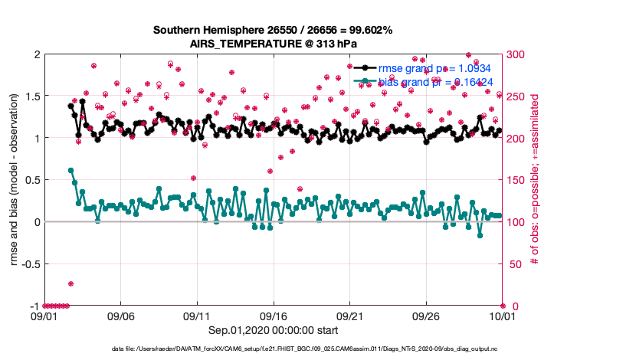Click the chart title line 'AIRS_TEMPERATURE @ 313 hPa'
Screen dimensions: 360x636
click(273, 44)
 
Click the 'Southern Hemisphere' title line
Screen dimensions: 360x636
click(273, 31)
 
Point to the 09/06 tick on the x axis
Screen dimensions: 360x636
click(121, 316)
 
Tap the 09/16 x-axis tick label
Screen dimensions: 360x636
click(274, 316)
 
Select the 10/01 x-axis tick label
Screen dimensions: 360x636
click(502, 316)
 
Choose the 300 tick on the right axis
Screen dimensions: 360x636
click(516, 54)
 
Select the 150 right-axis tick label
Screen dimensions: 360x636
click(516, 180)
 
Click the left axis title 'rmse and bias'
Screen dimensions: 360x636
click(15, 180)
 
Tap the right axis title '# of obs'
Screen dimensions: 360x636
click(535, 180)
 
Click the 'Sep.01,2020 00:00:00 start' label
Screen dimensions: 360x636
click(273, 330)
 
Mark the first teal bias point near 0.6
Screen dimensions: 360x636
click(70, 170)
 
